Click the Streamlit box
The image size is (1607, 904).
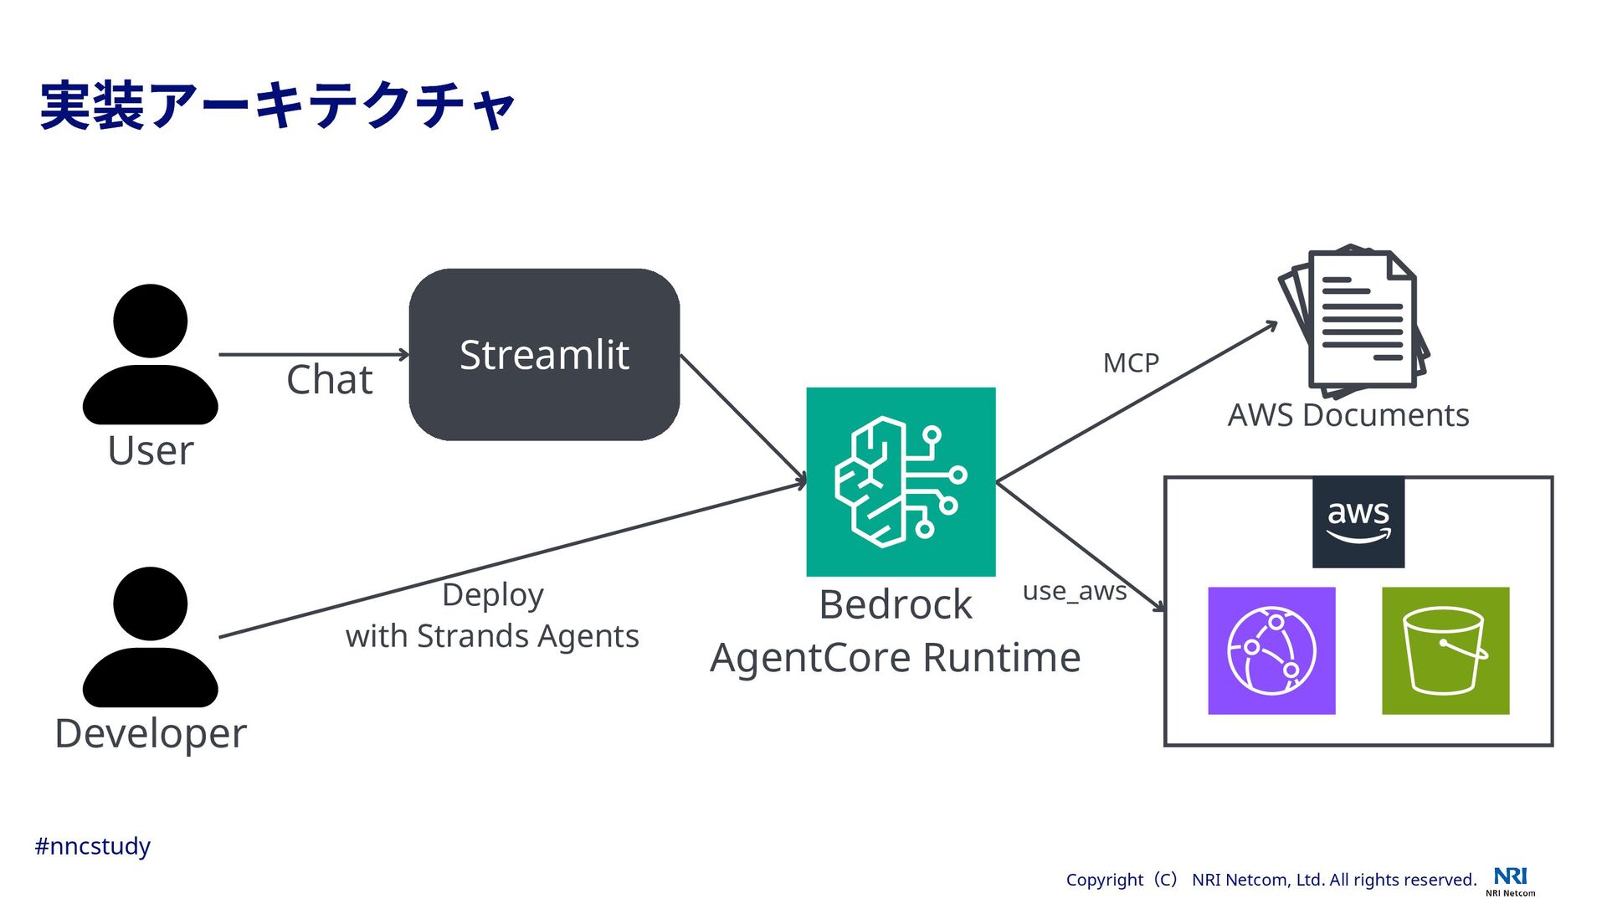544,354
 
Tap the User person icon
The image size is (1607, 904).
151,354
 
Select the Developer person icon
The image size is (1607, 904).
151,637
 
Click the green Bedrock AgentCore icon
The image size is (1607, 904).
901,481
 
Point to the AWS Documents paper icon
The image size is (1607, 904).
1353,321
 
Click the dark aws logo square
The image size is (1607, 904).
1358,522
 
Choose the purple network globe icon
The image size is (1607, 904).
1271,650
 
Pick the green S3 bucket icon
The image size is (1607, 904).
1445,650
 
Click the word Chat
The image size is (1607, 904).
329,380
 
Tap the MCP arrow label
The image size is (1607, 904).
1131,363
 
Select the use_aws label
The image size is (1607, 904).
1075,591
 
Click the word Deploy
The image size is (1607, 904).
493,596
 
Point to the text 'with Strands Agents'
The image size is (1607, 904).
492,636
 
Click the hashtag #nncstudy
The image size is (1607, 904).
92,846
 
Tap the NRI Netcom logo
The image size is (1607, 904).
1511,881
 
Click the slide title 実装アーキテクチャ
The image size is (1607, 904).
277,106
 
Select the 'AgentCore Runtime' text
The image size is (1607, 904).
896,657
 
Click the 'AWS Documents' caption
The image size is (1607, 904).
1348,415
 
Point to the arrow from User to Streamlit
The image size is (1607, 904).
314,355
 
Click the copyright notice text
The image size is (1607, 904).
1271,880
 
